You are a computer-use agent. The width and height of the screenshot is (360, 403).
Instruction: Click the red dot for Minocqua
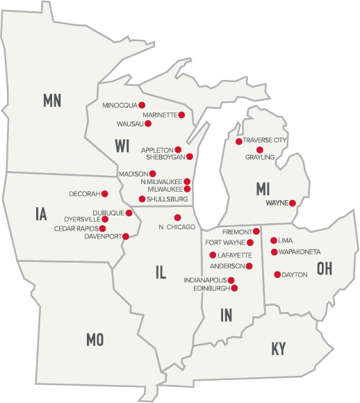(x=142, y=105)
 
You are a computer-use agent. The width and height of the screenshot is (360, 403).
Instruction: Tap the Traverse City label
(x=265, y=140)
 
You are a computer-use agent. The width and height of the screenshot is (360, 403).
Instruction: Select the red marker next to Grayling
(x=260, y=150)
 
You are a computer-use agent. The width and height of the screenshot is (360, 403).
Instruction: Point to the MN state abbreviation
(x=52, y=100)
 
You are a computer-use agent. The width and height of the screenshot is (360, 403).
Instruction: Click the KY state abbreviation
(x=279, y=349)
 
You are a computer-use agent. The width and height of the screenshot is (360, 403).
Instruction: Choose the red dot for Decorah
(x=105, y=193)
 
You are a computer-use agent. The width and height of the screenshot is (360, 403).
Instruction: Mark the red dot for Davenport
(x=126, y=236)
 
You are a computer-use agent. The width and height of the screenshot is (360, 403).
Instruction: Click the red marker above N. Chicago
(x=177, y=217)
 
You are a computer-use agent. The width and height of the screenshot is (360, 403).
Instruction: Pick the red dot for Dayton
(x=277, y=274)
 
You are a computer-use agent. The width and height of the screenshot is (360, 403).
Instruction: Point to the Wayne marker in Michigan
(x=293, y=204)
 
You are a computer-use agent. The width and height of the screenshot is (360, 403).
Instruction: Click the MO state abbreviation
(x=95, y=339)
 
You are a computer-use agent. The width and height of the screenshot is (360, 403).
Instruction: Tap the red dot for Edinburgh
(x=234, y=288)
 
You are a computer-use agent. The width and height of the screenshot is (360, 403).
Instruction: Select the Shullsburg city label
(x=166, y=199)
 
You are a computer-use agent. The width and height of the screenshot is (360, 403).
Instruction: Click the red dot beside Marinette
(x=181, y=115)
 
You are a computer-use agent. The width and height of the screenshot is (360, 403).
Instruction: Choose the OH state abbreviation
(x=324, y=268)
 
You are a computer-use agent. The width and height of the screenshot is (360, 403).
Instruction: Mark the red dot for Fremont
(x=256, y=231)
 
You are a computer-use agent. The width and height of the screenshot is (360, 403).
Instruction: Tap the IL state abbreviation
(x=161, y=272)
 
